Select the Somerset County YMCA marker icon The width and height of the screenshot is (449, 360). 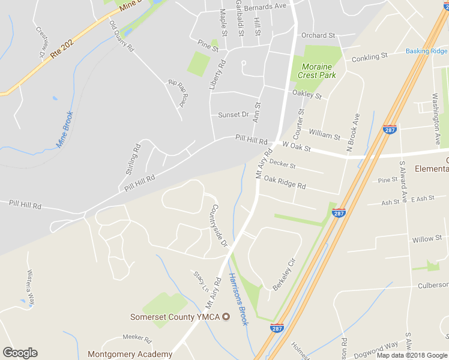coord(226,316)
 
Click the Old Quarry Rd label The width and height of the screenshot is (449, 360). coord(121,36)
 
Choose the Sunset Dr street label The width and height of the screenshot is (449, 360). coord(233,115)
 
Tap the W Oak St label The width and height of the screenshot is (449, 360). coord(297,146)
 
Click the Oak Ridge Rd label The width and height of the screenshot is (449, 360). coord(285,182)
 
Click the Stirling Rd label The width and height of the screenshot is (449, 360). coord(133,159)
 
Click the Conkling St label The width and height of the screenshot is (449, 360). coord(369,57)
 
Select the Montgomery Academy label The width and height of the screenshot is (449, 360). coord(130,354)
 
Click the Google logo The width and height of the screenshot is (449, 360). coord(20,353)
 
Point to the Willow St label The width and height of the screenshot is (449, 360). coord(427,239)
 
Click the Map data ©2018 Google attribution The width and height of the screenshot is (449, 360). coord(412,355)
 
